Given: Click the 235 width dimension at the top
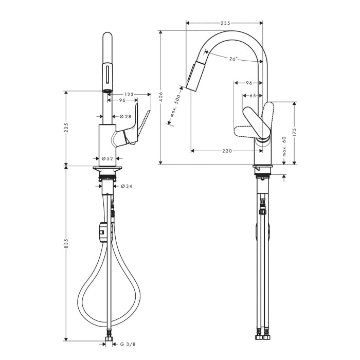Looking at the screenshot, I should tap(225, 23).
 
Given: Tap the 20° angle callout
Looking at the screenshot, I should tap(233, 60).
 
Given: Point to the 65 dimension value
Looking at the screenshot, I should tap(253, 96).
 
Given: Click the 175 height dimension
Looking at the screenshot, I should tap(294, 131).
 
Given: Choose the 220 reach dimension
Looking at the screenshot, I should tap(227, 151).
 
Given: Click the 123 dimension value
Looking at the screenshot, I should tap(129, 94).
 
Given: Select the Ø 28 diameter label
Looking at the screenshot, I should tap(126, 117).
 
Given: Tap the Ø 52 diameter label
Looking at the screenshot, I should tap(107, 158).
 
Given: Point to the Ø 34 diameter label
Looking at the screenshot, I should tap(127, 186).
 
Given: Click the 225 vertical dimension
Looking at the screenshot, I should tap(66, 129).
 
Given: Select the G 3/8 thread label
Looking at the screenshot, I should tap(127, 344).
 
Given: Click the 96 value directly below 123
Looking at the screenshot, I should tap(122, 100).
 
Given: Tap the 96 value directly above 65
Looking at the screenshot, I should tap(248, 83).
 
